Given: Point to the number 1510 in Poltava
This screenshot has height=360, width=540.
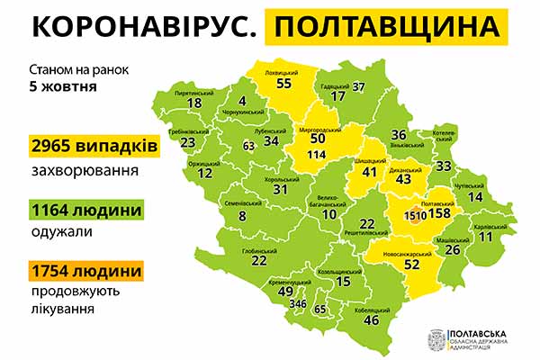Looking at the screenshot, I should (x=416, y=216).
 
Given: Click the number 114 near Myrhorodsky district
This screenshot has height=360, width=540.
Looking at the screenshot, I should (x=317, y=154).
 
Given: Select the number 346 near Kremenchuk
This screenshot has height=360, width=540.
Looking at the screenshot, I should (x=298, y=305).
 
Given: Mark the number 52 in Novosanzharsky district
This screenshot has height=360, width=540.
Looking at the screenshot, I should (x=412, y=265).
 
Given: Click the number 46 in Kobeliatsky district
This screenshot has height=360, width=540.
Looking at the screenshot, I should (x=369, y=319).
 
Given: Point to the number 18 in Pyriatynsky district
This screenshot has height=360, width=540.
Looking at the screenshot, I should (x=193, y=103).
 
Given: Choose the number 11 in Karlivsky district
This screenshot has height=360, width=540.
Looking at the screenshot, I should (x=486, y=237).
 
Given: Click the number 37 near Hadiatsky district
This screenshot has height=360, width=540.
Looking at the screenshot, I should (x=358, y=87).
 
